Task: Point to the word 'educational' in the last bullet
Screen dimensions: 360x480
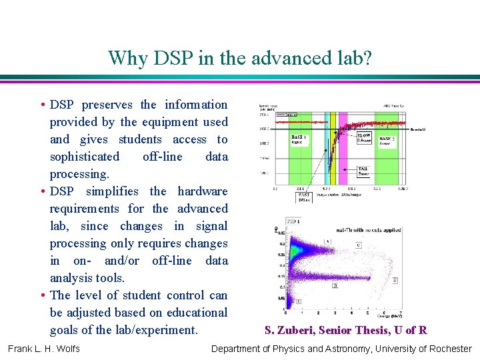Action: pyautogui.click(x=197, y=313)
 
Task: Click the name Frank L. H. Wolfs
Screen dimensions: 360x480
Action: pyautogui.click(x=44, y=349)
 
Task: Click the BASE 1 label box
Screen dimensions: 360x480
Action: pyautogui.click(x=299, y=140)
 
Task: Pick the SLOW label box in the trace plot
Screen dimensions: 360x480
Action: pyautogui.click(x=364, y=138)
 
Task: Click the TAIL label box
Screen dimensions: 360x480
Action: pyautogui.click(x=364, y=171)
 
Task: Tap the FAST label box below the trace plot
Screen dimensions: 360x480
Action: pyautogui.click(x=304, y=197)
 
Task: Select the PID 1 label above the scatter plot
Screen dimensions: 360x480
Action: pyautogui.click(x=293, y=221)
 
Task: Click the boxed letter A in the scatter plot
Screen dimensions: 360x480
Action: pyautogui.click(x=326, y=241)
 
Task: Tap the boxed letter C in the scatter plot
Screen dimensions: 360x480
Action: pyautogui.click(x=358, y=245)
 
